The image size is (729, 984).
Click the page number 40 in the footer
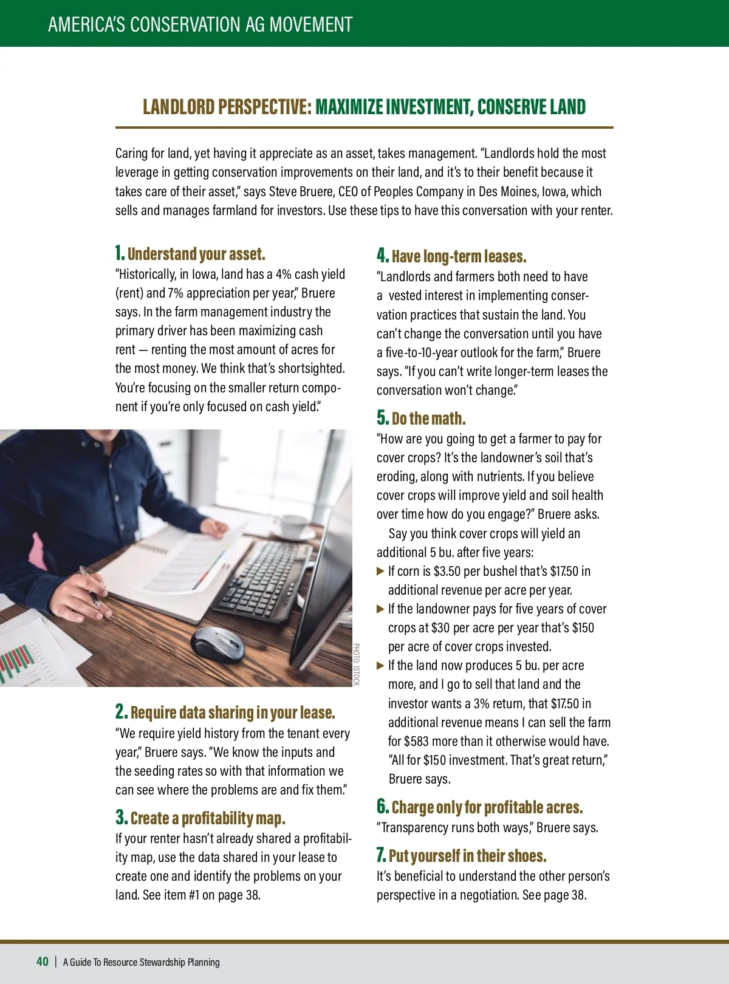click(43, 961)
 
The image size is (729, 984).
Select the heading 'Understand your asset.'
click(196, 254)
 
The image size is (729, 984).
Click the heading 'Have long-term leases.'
click(459, 256)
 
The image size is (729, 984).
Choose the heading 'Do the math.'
click(428, 419)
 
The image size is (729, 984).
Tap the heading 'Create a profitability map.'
click(207, 818)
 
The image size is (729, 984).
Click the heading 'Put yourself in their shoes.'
click(467, 856)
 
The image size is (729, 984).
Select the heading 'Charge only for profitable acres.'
click(487, 807)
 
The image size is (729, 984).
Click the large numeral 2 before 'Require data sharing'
click(121, 711)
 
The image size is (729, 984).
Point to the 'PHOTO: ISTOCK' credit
click(357, 665)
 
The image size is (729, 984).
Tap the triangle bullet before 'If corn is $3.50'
click(380, 571)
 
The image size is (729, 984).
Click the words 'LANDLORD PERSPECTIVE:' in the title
click(227, 107)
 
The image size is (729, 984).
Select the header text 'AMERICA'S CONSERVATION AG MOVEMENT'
click(200, 24)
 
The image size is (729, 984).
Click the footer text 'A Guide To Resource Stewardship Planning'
click(142, 962)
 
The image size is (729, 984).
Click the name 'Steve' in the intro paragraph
click(283, 191)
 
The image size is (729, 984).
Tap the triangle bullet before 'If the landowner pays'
click(380, 609)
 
